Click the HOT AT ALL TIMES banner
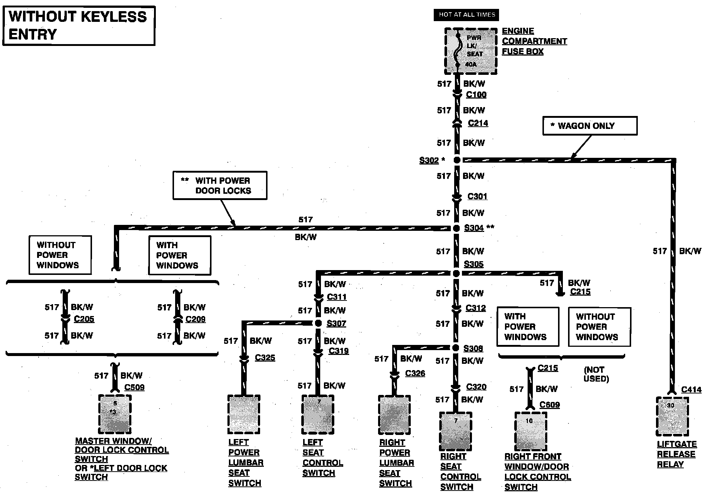pos(466,15)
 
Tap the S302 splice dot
pos(457,160)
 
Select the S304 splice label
pos(474,228)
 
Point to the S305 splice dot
pos(456,273)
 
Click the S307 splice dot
pos(318,323)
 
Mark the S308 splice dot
pos(456,348)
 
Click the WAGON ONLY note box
pos(590,126)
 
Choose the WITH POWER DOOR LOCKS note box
pos(220,185)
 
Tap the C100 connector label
pos(476,95)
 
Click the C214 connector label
pos(478,123)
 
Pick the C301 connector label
pos(477,196)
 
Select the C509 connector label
pos(134,387)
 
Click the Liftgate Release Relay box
pos(672,416)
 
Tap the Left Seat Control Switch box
pos(318,414)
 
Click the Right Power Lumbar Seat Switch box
pos(394,414)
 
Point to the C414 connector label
pos(691,389)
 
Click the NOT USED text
pos(596,374)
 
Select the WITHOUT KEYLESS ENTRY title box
pos(79,26)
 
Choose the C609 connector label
pos(550,405)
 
